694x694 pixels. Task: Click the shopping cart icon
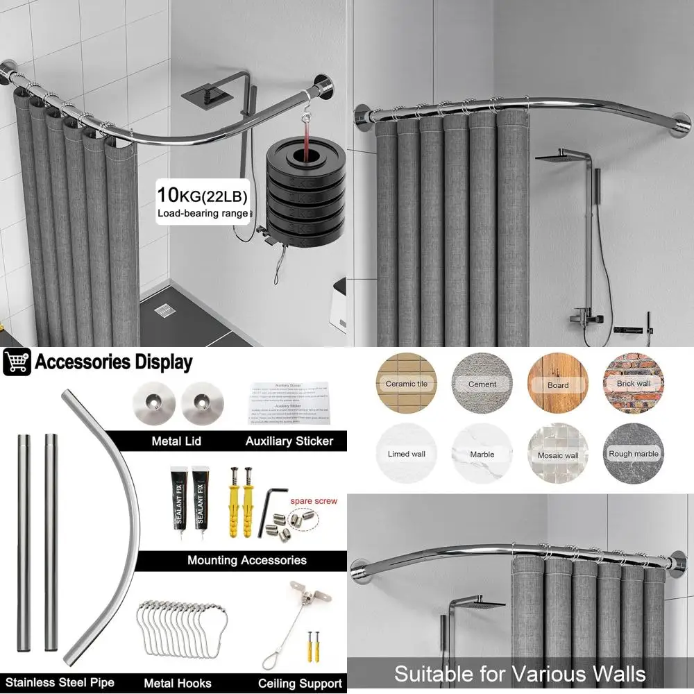coord(17,362)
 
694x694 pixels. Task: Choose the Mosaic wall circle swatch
coord(557,454)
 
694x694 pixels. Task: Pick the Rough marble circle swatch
coord(633,454)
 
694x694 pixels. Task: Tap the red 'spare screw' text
coord(313,500)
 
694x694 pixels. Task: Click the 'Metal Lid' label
coord(176,441)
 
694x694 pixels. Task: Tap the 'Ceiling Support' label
coord(300,684)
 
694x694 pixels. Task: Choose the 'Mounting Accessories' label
coord(246,560)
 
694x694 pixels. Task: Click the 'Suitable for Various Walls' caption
coord(520,673)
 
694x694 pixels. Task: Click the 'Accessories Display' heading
coord(113,362)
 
